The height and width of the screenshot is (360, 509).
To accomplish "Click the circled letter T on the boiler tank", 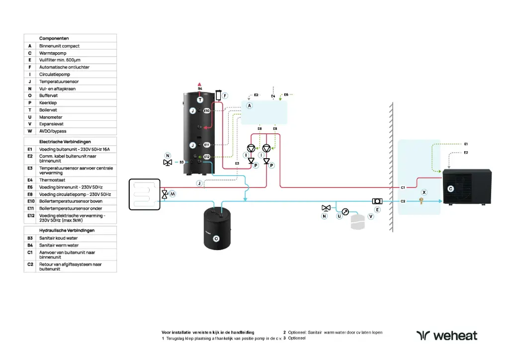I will click(200, 99).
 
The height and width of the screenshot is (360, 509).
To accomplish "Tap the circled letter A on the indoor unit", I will click(250, 106).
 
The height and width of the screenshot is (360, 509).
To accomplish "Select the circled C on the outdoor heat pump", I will click(450, 189).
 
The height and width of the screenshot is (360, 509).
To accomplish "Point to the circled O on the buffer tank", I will click(216, 239).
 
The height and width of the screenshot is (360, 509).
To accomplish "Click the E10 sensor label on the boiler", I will click(207, 110).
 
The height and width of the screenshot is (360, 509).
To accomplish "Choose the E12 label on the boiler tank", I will click(207, 157).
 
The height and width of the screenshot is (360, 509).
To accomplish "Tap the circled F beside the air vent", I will click(225, 95).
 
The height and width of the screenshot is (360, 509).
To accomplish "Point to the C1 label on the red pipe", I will click(404, 187).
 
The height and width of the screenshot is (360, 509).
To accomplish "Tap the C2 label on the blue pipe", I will click(404, 201).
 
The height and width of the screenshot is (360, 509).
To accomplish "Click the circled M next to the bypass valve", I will click(172, 193).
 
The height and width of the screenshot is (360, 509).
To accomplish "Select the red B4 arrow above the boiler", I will click(200, 84).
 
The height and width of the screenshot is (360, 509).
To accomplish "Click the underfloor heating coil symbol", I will click(145, 194).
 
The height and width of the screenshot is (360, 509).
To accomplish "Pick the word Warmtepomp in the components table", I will click(53, 53).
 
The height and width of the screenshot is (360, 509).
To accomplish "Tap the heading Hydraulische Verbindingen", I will click(67, 231).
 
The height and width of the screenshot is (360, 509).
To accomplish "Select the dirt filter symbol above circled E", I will click(377, 201).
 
